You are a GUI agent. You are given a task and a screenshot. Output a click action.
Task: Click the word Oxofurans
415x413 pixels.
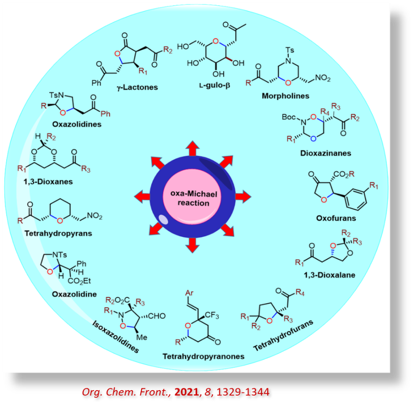pos(336,218)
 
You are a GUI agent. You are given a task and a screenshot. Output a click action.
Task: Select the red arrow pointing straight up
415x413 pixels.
pos(193,148)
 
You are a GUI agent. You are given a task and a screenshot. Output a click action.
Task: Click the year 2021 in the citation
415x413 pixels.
pos(188,392)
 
